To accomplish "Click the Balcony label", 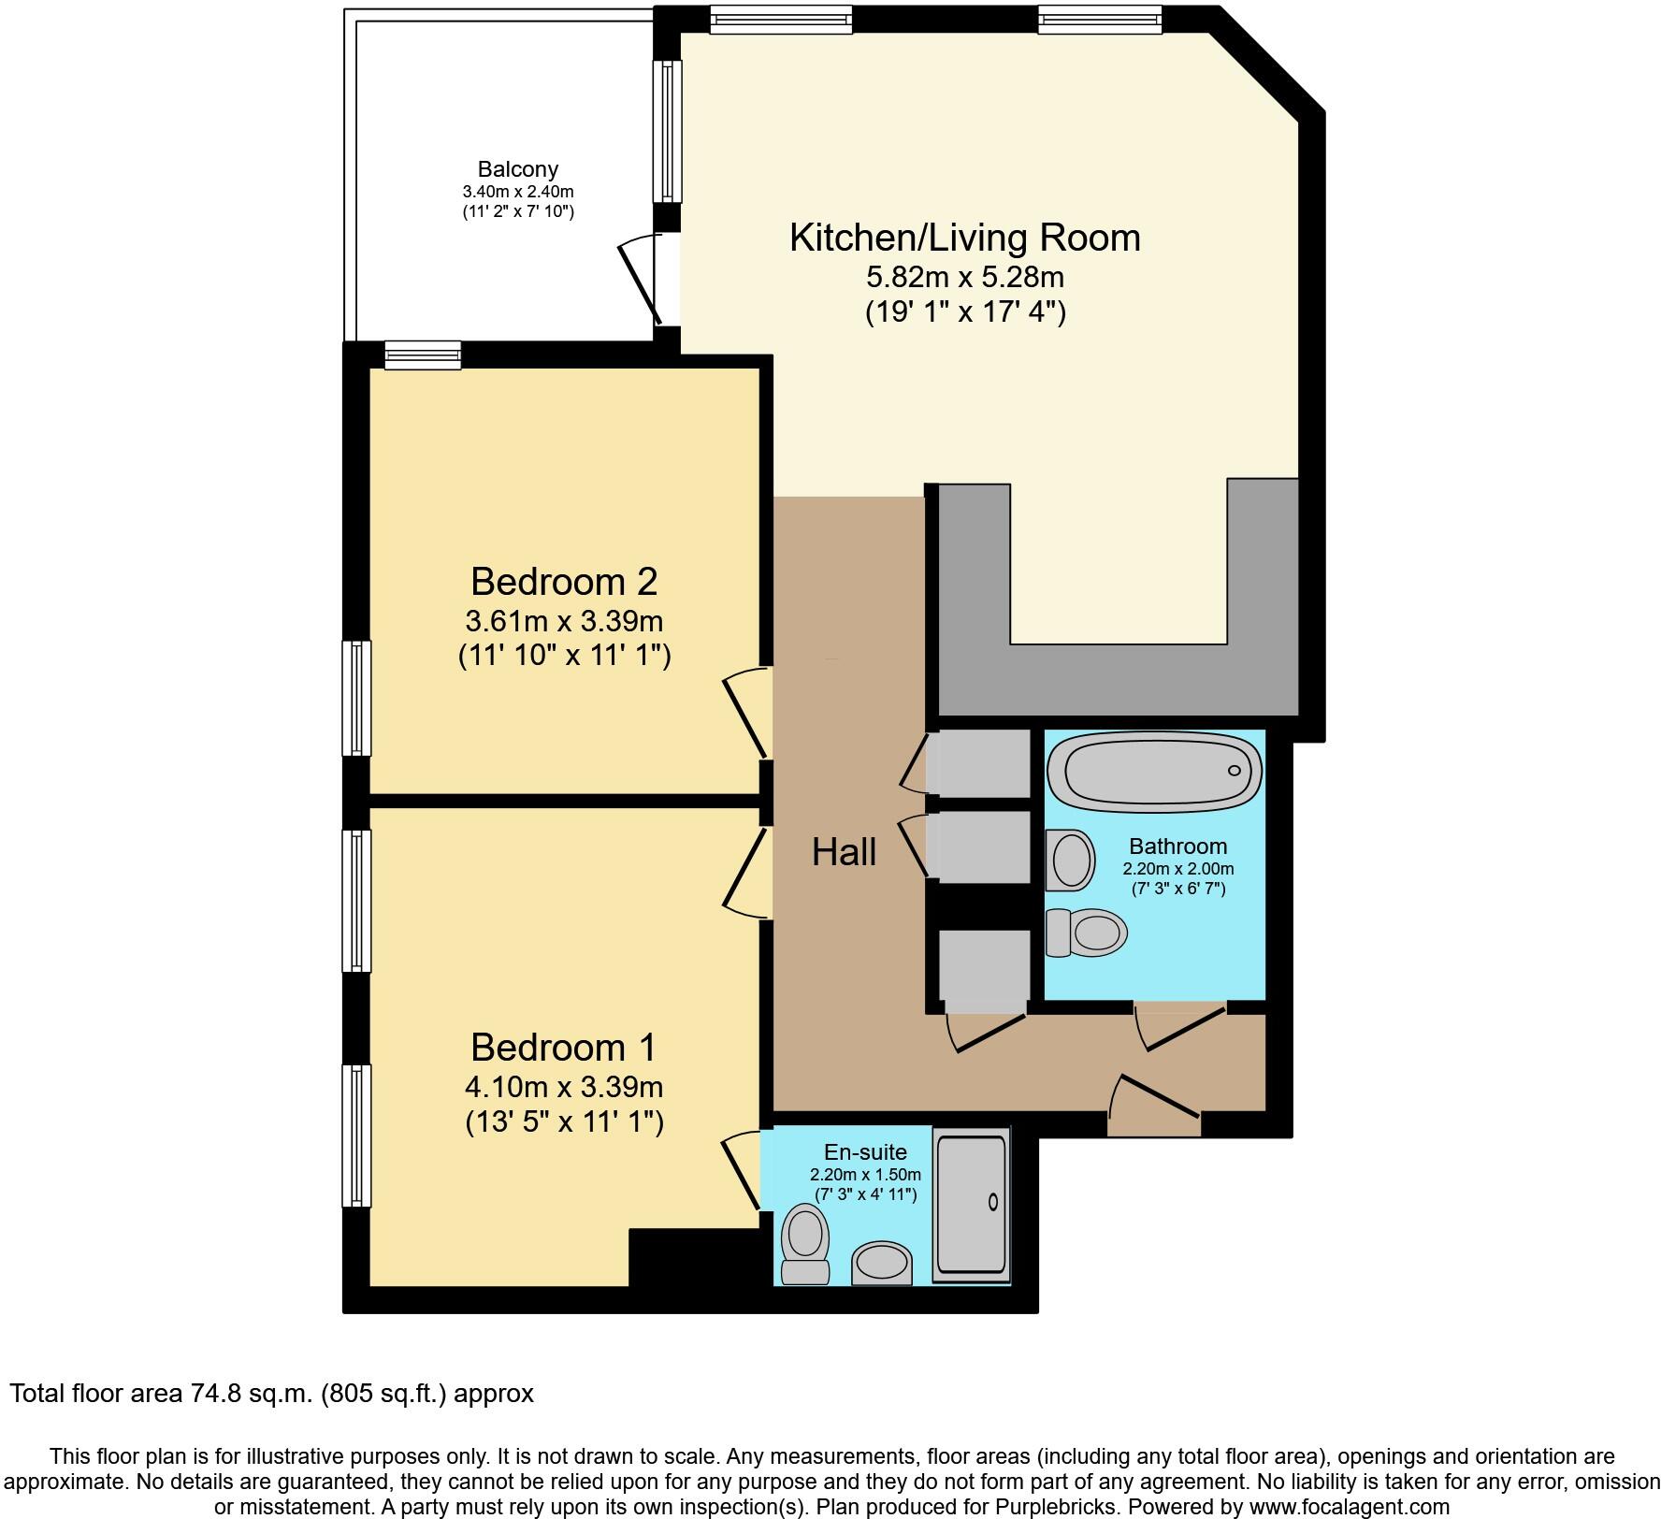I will click(x=517, y=169).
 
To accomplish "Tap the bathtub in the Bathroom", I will click(x=1154, y=772).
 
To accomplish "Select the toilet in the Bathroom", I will click(x=1088, y=932).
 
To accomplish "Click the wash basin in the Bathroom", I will click(x=1071, y=860).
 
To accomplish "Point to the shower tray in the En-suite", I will click(x=972, y=1205).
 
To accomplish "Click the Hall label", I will click(x=844, y=852).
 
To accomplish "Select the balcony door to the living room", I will click(x=643, y=279).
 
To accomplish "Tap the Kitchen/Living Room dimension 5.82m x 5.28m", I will click(x=965, y=277).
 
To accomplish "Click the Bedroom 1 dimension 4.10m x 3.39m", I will click(x=564, y=1087).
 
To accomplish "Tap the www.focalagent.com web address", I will click(x=1346, y=1507).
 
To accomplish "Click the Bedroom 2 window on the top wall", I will click(x=423, y=354).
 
